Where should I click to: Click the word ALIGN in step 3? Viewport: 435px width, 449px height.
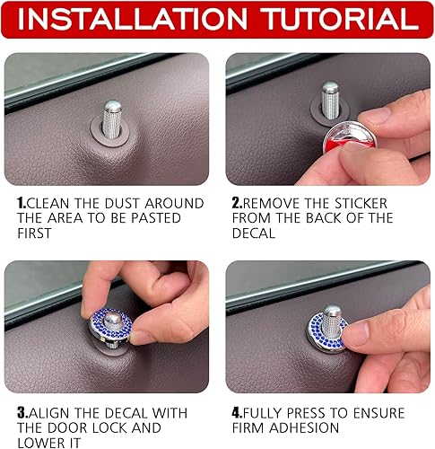click(58, 413)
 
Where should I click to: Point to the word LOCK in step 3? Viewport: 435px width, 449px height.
click(129, 428)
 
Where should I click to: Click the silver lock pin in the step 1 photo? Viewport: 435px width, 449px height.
click(112, 115)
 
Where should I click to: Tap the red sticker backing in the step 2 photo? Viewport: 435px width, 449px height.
click(336, 145)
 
